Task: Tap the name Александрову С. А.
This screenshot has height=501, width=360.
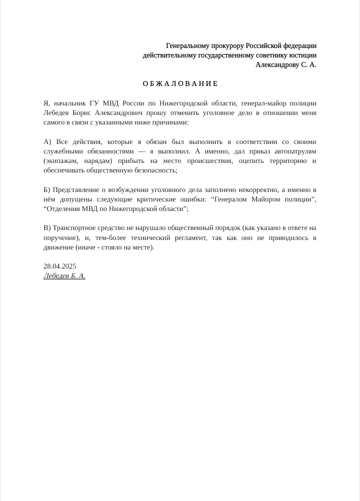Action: point(286,64)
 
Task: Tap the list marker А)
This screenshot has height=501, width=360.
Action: point(48,141)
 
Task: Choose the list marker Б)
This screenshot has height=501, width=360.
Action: point(47,189)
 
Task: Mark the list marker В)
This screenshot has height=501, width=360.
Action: point(47,228)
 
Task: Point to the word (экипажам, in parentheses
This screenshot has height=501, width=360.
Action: point(61,160)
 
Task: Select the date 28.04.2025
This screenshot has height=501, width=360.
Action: point(60,266)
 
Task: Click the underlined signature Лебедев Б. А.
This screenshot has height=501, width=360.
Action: point(64,275)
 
